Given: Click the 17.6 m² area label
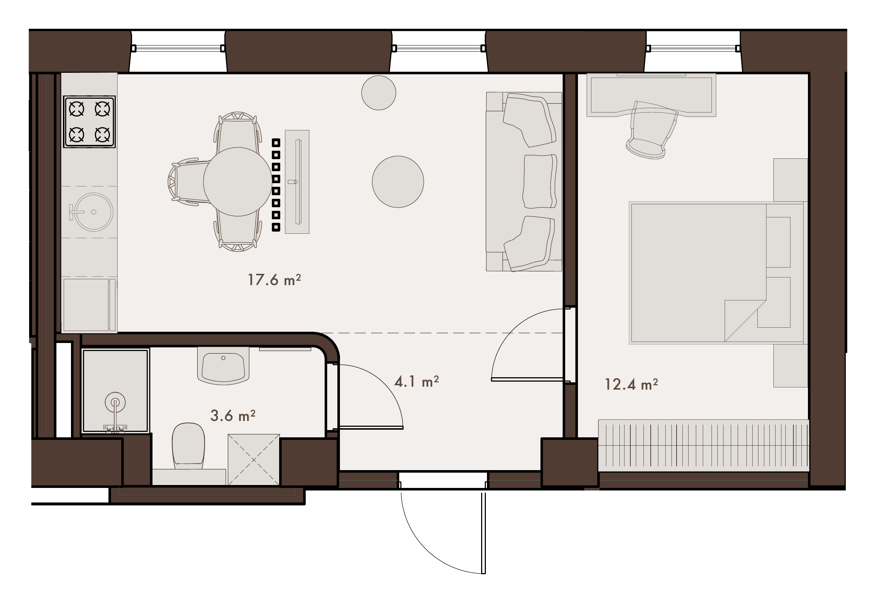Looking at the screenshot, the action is click(x=274, y=280).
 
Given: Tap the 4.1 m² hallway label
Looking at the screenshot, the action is click(x=416, y=382).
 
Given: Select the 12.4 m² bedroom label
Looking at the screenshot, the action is click(x=631, y=384).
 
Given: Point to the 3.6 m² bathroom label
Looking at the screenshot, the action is click(x=233, y=415).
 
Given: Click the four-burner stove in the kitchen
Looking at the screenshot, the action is click(x=89, y=121).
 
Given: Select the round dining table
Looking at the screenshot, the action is click(x=238, y=182).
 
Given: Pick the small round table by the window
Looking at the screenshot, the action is click(x=379, y=92).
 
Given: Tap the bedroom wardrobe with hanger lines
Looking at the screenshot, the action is click(x=704, y=445).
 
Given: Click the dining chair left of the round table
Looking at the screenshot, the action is click(x=189, y=182).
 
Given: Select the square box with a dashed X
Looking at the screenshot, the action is click(x=254, y=460).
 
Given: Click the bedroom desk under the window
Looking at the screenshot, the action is click(x=651, y=95).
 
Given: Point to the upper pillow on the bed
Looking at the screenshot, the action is click(x=778, y=242).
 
